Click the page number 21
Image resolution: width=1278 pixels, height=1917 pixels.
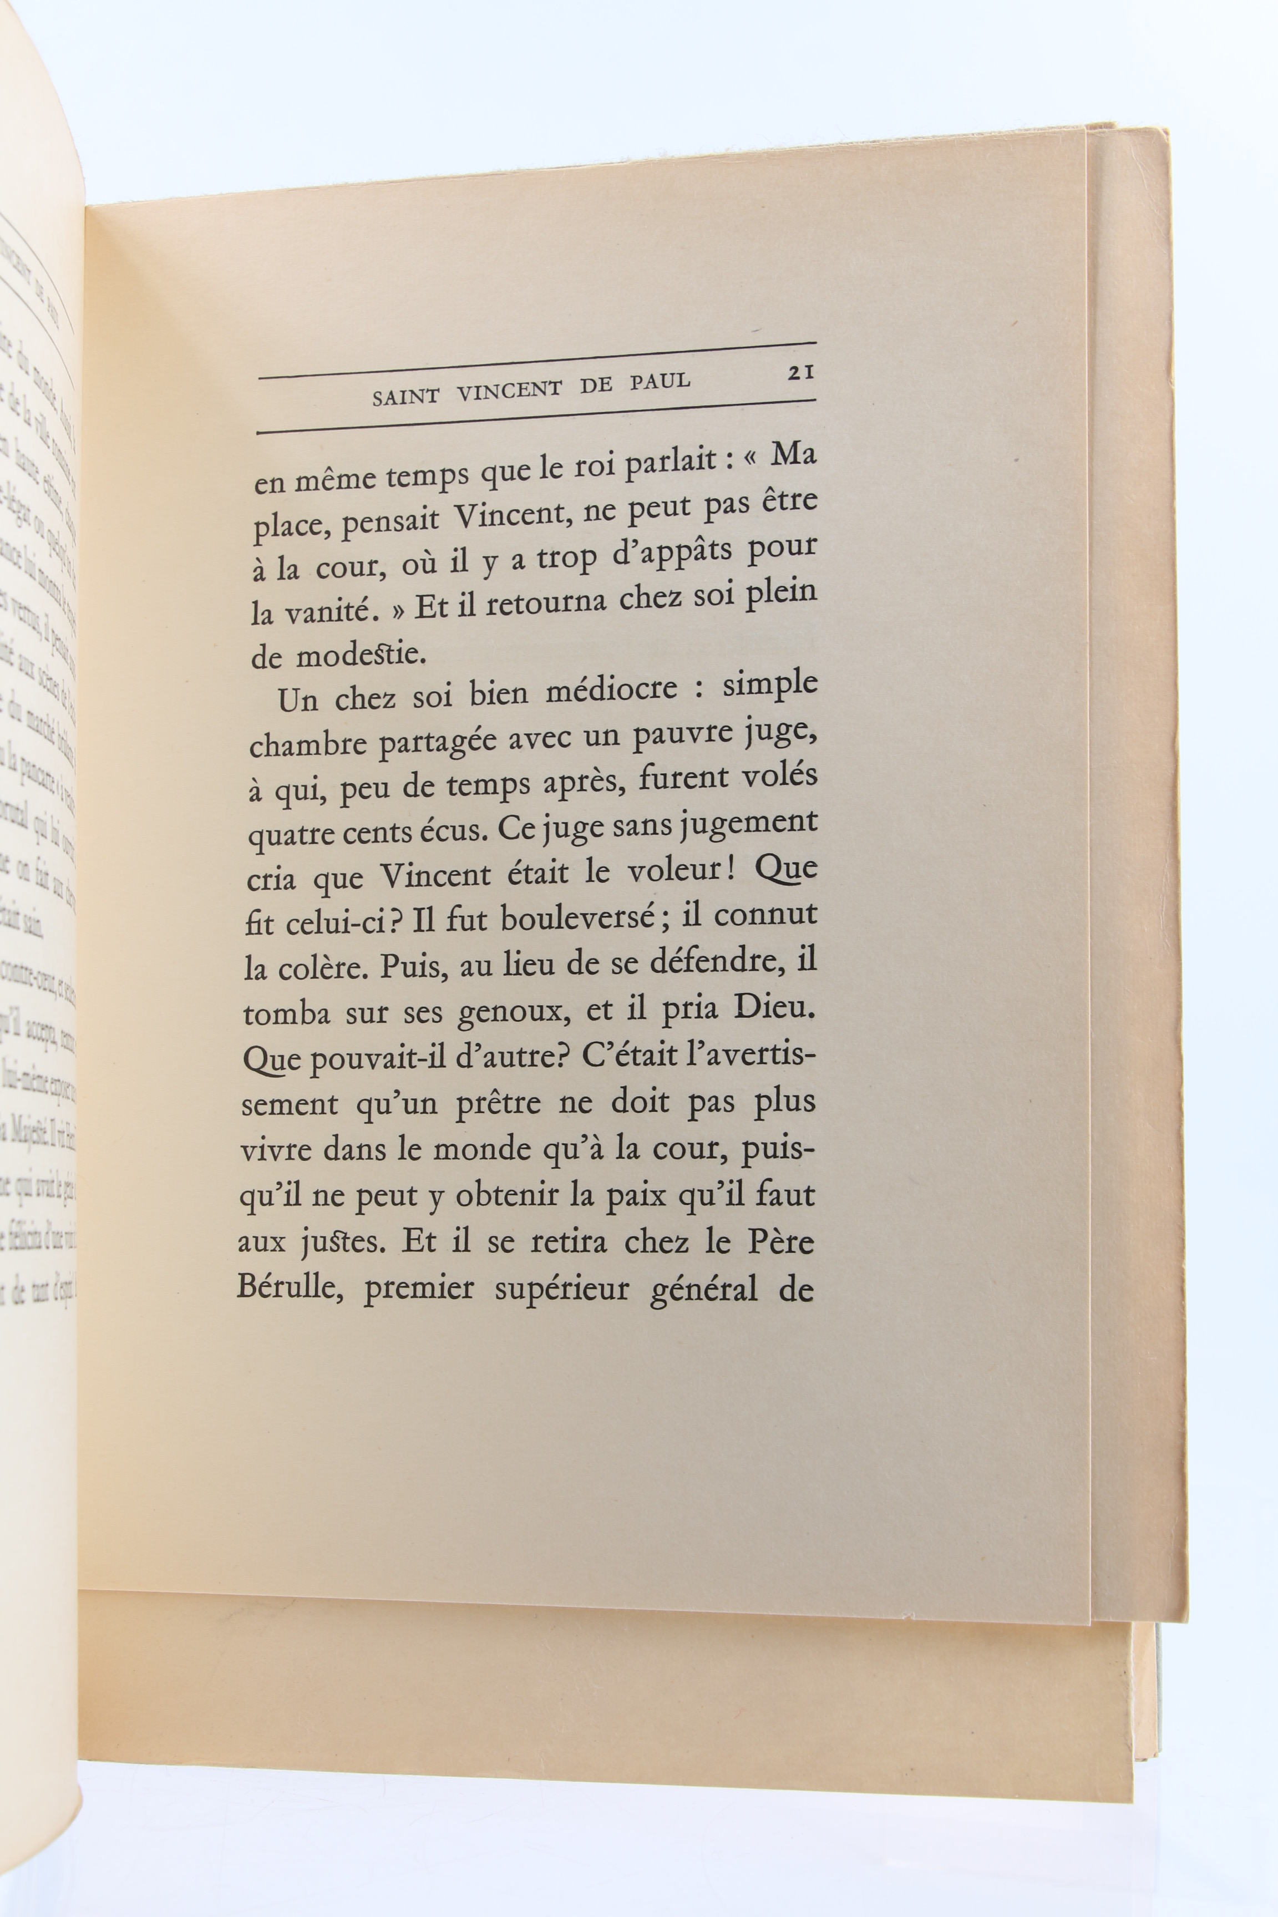[x=801, y=373]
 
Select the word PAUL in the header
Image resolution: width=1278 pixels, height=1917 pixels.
[x=660, y=382]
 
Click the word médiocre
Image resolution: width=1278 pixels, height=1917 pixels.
[x=611, y=691]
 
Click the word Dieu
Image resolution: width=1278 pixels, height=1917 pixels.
[x=774, y=1008]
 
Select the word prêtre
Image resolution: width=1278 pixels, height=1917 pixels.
[x=497, y=1104]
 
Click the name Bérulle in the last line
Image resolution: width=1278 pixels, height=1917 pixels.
[x=290, y=1290]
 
